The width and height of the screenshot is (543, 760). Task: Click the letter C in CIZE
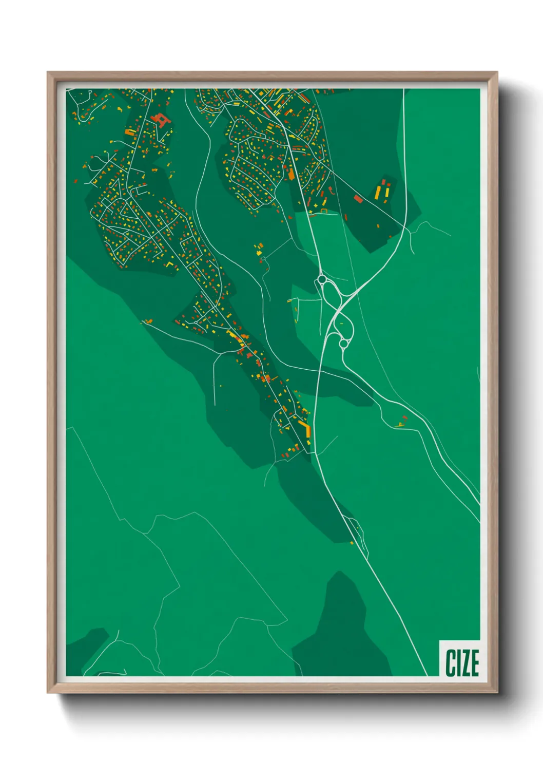click(x=450, y=662)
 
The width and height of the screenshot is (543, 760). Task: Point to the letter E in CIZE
click(x=475, y=662)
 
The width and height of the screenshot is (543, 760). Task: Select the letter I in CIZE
click(x=458, y=662)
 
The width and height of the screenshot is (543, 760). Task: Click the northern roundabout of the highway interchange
click(x=322, y=279)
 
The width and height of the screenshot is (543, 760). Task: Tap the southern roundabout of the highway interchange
click(x=343, y=343)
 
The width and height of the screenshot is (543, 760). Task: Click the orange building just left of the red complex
click(x=130, y=132)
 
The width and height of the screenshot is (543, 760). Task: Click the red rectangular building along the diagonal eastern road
click(x=358, y=198)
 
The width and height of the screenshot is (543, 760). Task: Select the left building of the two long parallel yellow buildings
click(x=378, y=192)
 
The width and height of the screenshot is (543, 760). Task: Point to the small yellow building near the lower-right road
click(x=400, y=424)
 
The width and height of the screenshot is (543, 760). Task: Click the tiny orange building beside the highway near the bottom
click(x=352, y=542)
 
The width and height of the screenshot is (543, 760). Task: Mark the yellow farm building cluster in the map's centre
click(x=258, y=250)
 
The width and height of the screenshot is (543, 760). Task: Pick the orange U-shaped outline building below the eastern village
click(x=324, y=211)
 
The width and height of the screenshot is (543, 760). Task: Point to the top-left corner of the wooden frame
click(x=48, y=73)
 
